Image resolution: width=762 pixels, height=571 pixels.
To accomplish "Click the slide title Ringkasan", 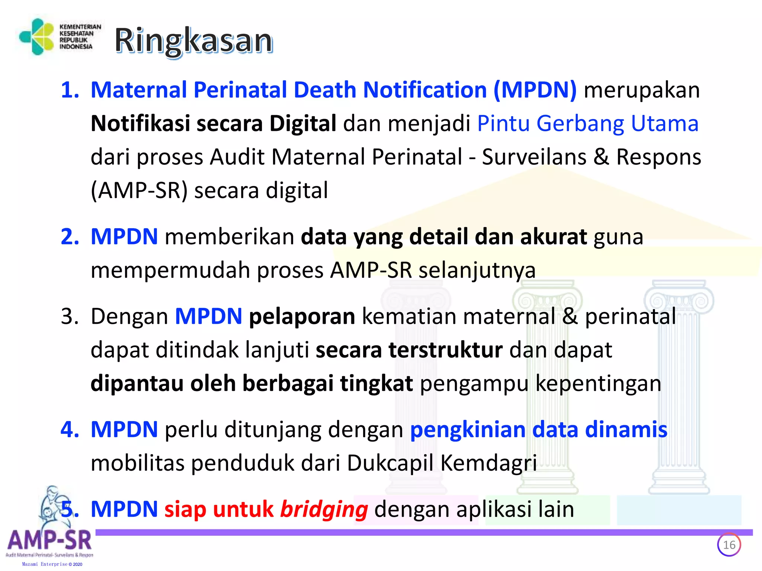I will pyautogui.click(x=193, y=41).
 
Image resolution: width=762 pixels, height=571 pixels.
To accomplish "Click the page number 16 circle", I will pyautogui.click(x=729, y=545).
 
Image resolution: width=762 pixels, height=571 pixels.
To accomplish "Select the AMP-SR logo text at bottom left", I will pyautogui.click(x=49, y=541).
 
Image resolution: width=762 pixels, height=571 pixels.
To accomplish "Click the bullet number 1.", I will pyautogui.click(x=70, y=90).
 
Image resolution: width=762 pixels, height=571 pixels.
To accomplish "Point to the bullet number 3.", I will pyautogui.click(x=70, y=317).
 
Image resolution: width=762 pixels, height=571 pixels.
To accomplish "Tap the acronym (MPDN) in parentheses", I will pyautogui.click(x=535, y=90).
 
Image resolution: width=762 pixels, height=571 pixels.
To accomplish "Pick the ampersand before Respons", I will pyautogui.click(x=601, y=157).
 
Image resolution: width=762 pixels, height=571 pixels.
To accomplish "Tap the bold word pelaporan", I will pyautogui.click(x=302, y=317).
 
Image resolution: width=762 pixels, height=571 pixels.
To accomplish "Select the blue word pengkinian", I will pyautogui.click(x=468, y=430).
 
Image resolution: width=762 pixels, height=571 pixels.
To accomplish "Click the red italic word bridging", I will pyautogui.click(x=324, y=509).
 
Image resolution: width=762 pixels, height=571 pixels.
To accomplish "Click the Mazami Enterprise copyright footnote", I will pyautogui.click(x=52, y=564).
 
